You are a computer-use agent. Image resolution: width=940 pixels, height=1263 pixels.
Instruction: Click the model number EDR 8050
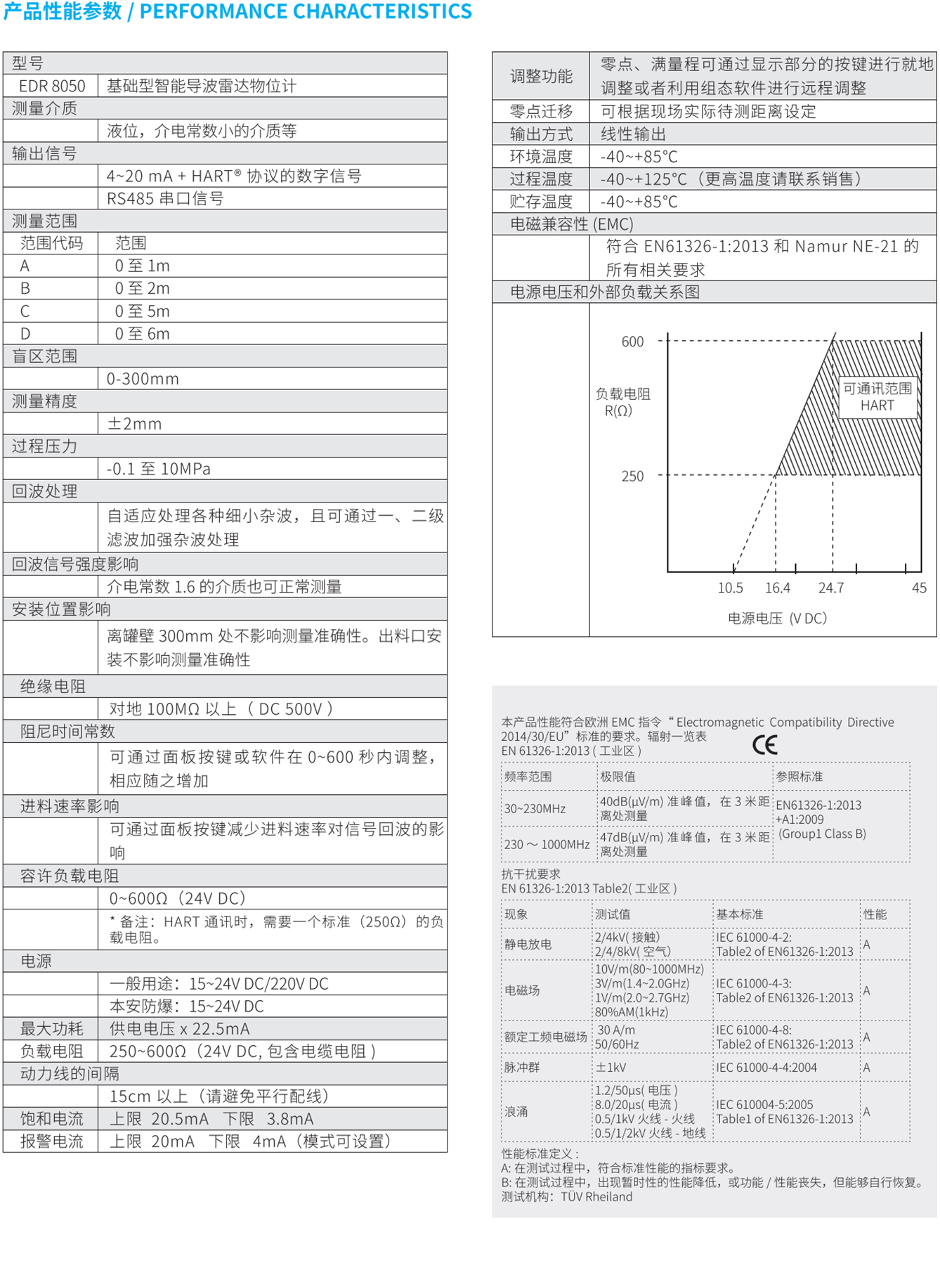52,86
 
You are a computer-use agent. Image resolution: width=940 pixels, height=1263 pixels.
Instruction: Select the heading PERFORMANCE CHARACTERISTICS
306,11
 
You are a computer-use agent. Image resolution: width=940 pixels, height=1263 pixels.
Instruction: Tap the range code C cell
25,311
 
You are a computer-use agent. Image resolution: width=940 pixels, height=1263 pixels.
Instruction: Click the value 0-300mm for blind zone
143,379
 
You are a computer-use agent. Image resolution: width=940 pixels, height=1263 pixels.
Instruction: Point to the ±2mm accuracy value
134,424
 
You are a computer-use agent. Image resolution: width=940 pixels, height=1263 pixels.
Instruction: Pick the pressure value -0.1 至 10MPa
159,469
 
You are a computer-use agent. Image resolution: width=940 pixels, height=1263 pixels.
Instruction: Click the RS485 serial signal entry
165,198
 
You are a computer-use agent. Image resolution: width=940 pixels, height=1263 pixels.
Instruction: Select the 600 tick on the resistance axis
632,342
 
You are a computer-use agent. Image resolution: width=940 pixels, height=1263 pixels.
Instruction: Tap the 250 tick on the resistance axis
632,477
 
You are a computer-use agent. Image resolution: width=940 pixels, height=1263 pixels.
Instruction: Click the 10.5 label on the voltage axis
730,588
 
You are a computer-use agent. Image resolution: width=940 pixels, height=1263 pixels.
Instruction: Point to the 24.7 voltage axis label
831,588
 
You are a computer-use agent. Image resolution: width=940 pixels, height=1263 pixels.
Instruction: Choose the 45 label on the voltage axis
919,588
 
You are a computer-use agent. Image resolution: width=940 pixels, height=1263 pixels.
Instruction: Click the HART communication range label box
877,397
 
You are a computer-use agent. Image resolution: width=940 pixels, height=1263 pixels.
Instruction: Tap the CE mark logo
765,744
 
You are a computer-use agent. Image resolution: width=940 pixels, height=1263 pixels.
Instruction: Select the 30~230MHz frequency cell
535,808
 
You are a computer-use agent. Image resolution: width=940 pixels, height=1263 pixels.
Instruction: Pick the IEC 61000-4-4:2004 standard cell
766,1067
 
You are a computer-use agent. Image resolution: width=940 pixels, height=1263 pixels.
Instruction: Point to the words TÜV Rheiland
596,1196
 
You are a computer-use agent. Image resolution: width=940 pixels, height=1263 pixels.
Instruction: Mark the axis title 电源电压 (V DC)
777,618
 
